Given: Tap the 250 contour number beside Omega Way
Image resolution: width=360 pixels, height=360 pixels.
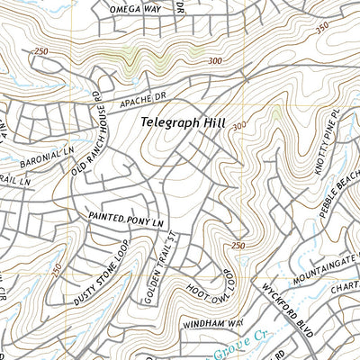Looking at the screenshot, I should pos(40,51).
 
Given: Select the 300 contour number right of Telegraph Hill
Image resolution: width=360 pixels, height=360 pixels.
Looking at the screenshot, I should pos(238,127).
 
